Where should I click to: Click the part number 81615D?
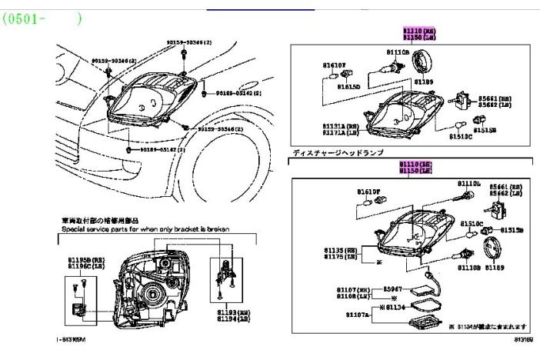click(348, 86)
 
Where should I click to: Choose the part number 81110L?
click(468, 185)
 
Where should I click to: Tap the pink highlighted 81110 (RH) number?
click(414, 165)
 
